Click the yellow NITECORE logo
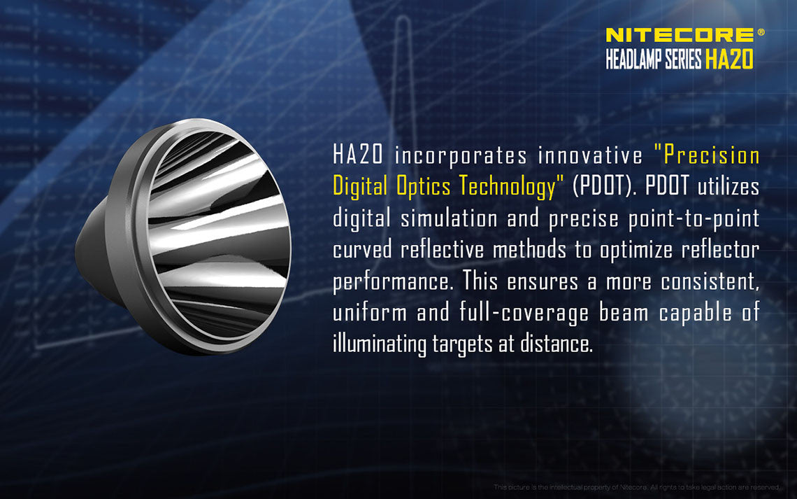[x=679, y=35]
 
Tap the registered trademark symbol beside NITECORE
[x=761, y=32]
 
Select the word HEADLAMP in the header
[x=633, y=61]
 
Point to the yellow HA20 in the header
[x=728, y=61]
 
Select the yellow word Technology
[x=511, y=187]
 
